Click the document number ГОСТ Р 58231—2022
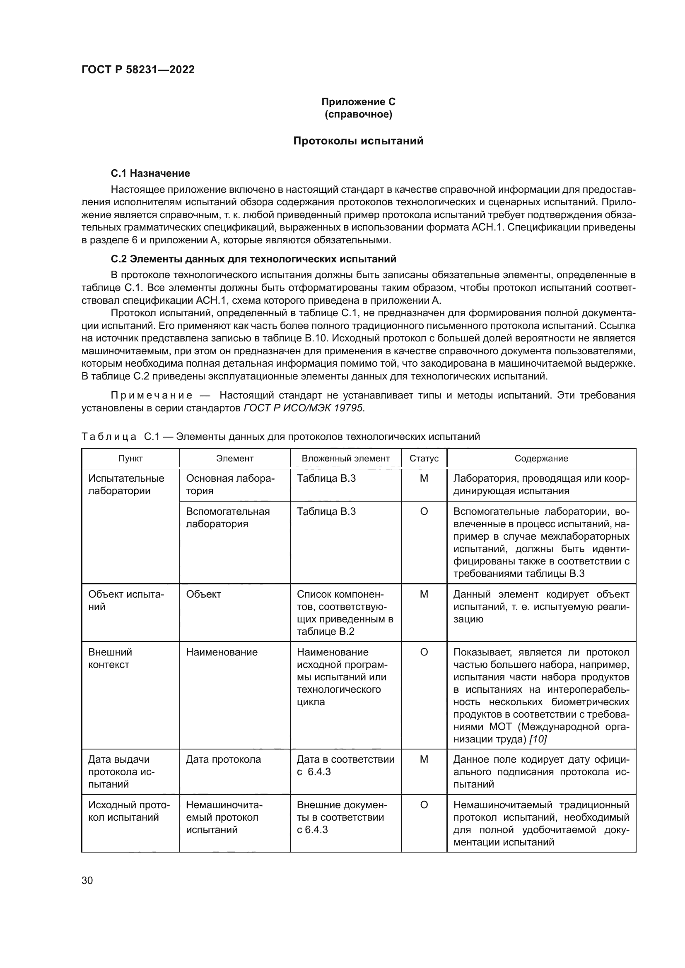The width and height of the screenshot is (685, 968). coord(138,70)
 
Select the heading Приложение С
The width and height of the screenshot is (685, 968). coord(358,102)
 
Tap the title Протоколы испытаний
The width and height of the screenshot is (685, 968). coord(358,141)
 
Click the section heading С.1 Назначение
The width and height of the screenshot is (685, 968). coord(150,173)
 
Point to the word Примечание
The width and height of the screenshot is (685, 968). coord(152,395)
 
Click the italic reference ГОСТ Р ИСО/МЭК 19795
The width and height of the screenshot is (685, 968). coord(303,408)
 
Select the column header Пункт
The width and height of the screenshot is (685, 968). coord(130,458)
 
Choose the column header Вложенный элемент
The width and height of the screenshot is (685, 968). coord(345,458)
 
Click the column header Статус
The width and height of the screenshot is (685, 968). coord(424,458)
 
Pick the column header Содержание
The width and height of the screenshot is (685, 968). coord(541,458)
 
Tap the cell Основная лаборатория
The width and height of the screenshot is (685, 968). coord(230,485)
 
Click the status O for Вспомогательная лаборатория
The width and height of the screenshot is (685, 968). coord(424,512)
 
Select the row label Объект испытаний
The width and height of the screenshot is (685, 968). coord(126,600)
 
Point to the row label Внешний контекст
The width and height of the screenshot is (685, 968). coord(110,658)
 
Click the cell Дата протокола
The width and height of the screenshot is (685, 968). coord(223,759)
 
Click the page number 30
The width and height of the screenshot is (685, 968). coord(87,880)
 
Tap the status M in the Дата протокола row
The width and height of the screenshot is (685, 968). coord(424,759)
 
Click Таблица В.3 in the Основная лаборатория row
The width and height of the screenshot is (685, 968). coord(326,478)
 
